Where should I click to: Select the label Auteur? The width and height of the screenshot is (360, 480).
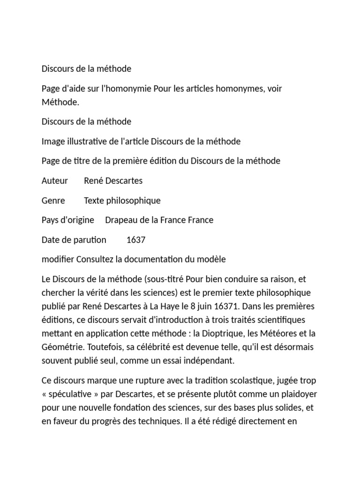pyautogui.click(x=55, y=180)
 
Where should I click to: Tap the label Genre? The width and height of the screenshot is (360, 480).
pyautogui.click(x=53, y=201)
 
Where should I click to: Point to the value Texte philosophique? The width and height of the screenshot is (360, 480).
pyautogui.click(x=122, y=201)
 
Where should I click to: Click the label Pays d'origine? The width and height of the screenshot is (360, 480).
pyautogui.click(x=67, y=220)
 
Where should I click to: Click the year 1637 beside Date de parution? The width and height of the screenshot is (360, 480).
pyautogui.click(x=136, y=240)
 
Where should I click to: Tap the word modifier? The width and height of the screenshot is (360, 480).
pyautogui.click(x=58, y=259)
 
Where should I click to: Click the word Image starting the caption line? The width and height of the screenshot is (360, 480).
pyautogui.click(x=53, y=141)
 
